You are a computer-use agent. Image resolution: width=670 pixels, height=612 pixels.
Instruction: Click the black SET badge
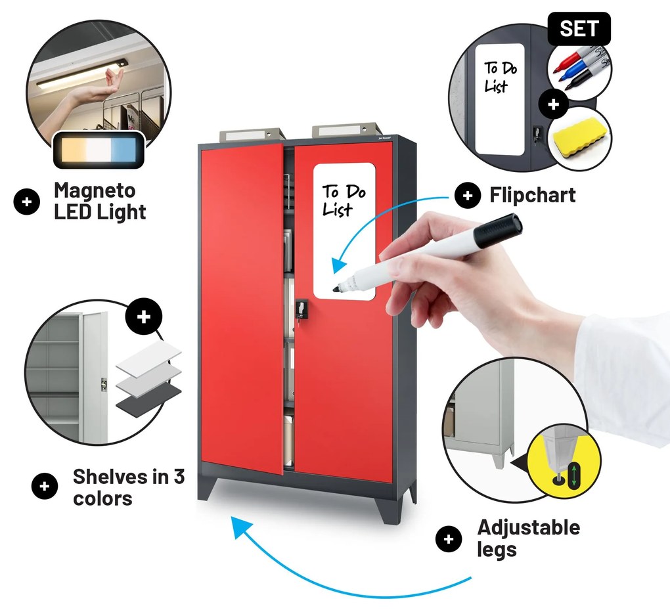point(579,29)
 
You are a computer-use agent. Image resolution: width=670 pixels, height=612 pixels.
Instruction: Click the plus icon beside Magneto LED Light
point(27,202)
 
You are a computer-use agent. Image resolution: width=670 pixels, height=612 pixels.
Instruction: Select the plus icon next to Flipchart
point(467,195)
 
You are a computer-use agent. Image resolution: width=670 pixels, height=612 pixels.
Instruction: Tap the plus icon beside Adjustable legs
point(449,539)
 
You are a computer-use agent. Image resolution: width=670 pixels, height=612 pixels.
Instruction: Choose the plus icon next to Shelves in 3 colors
point(45,487)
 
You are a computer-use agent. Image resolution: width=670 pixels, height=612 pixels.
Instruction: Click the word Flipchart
point(533,195)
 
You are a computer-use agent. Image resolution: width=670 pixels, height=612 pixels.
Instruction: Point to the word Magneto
point(95,190)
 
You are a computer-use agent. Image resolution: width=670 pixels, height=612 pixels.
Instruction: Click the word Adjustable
point(528,527)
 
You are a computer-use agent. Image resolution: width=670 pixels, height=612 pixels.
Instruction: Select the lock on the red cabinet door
point(301,308)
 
